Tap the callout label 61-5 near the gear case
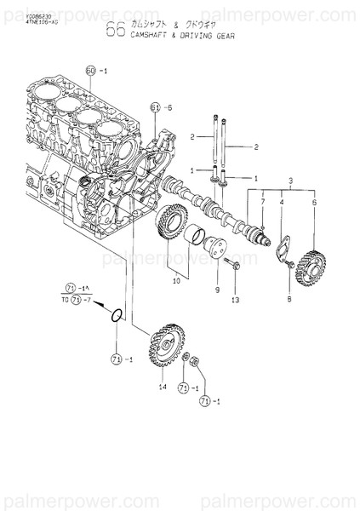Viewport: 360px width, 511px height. click(159, 108)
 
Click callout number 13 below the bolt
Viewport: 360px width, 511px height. click(236, 300)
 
